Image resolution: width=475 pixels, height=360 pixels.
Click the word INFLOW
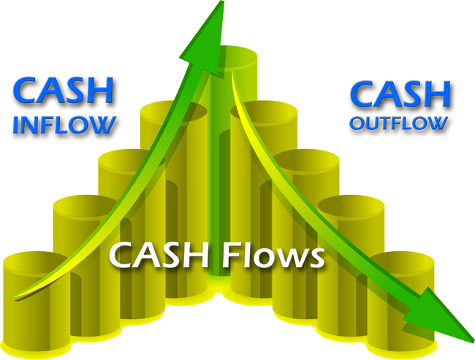64,124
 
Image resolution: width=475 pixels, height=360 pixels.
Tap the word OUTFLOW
399,123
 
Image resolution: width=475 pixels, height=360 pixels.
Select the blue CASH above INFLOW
63,91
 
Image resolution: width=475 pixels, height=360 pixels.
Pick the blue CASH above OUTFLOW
400,94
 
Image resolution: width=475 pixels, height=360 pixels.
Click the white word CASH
159,256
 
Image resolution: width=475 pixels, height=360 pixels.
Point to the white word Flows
273,256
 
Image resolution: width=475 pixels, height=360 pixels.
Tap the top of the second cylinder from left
87,207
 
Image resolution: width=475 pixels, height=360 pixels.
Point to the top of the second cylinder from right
351,207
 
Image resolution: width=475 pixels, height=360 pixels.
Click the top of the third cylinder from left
132,161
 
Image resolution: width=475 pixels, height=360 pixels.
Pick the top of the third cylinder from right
306,161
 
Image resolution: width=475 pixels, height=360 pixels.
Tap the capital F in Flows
230,256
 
